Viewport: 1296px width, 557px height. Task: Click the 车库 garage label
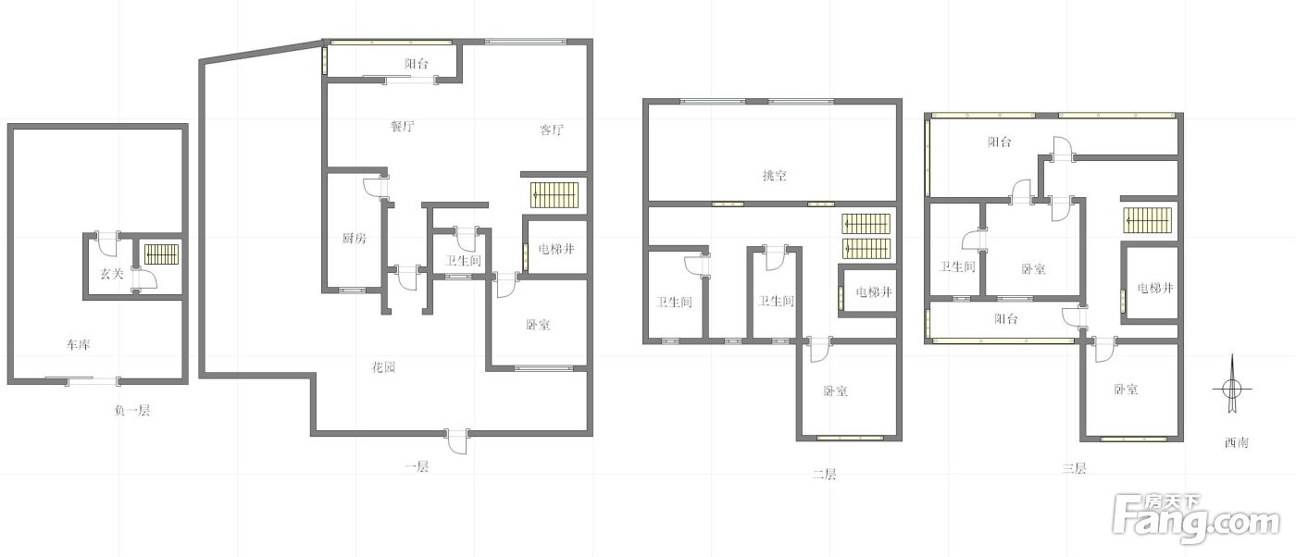pos(78,345)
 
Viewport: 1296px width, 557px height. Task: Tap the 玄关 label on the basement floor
pos(112,274)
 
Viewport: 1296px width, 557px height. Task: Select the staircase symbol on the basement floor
pos(162,254)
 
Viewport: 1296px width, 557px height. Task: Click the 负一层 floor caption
pos(132,411)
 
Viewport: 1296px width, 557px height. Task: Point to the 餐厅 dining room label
pos(403,126)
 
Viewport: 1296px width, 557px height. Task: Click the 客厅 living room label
pos(552,130)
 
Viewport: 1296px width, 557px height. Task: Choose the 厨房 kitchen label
pos(354,238)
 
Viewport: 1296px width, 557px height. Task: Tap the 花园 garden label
pos(383,366)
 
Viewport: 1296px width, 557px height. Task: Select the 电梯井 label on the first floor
pos(556,249)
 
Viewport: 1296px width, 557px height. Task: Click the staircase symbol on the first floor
pos(555,195)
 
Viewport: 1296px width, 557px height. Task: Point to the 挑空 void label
pos(774,175)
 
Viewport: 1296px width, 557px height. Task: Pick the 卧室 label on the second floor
pos(835,391)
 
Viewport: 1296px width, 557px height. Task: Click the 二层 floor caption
pos(824,475)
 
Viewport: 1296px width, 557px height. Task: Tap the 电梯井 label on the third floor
pos(1155,288)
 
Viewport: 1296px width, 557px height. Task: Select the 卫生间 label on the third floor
pos(957,266)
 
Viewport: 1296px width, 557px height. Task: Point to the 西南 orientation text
pos(1237,443)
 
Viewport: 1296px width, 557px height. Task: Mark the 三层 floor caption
pos(1074,468)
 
